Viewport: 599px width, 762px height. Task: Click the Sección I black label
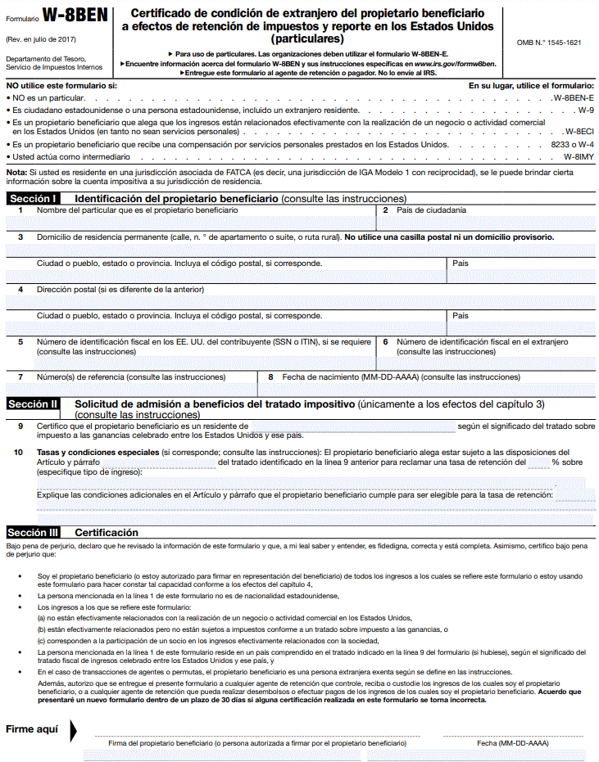(33, 198)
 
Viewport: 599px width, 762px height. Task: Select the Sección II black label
(33, 404)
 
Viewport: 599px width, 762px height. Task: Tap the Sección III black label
(34, 532)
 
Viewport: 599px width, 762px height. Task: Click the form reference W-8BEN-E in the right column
(574, 97)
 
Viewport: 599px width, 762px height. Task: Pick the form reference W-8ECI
(579, 131)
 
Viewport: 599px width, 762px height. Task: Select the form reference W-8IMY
(579, 156)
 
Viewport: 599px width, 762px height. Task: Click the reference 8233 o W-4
(572, 143)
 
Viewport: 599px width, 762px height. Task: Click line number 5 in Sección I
(20, 341)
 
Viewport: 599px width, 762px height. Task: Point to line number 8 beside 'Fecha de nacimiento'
(270, 377)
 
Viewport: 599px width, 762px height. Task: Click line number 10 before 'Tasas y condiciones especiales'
(18, 452)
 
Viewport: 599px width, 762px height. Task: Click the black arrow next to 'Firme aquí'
(75, 730)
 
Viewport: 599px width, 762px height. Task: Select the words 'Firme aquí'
(33, 729)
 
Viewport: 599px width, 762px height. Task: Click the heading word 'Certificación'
(107, 532)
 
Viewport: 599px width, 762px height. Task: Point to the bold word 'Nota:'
(16, 173)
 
